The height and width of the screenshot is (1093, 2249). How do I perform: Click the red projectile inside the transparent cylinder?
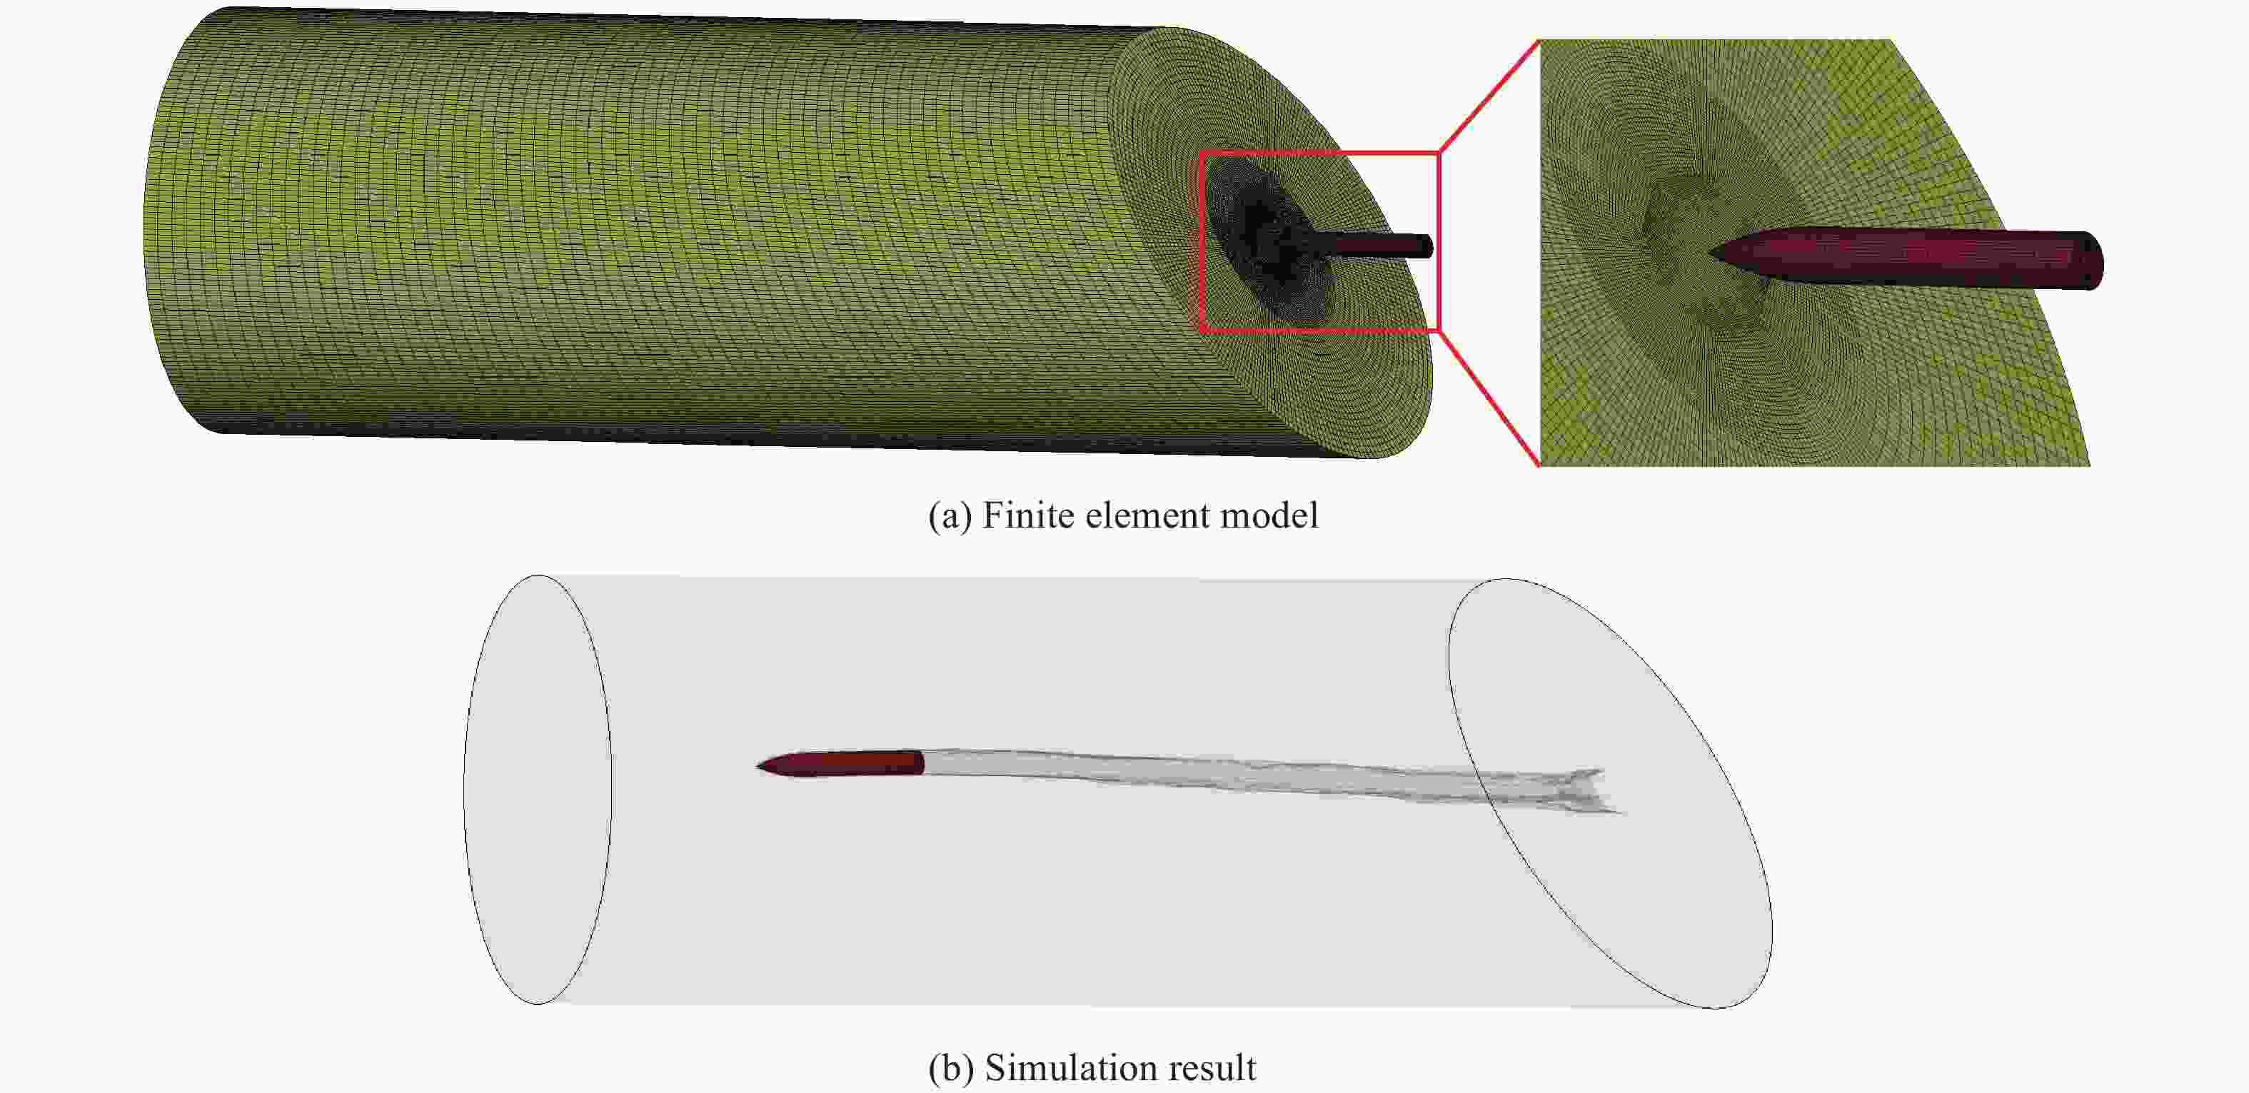tap(840, 764)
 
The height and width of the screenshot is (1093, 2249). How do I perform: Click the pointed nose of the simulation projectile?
tap(757, 767)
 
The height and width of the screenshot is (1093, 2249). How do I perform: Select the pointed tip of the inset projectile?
tap(1712, 254)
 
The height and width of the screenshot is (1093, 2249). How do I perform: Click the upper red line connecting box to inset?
tap(1488, 96)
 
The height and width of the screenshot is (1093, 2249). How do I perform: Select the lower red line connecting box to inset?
tap(1488, 399)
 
